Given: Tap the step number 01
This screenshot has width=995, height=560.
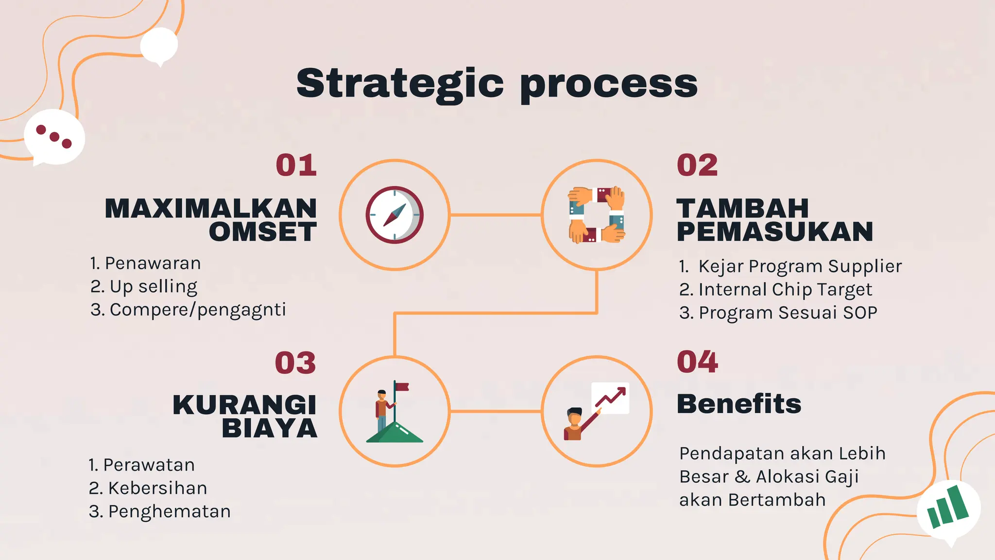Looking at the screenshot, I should click(296, 165).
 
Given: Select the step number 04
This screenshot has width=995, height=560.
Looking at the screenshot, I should click(697, 362).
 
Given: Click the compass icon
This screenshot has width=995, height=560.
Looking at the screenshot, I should click(395, 215).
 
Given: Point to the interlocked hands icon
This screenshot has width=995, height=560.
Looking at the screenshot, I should click(597, 215).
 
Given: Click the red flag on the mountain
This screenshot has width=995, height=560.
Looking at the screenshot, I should click(402, 387).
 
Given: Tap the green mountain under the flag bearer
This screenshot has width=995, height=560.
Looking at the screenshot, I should click(395, 433).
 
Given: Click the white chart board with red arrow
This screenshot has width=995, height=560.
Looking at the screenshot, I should click(610, 398).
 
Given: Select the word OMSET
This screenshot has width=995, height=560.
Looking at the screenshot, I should click(263, 232).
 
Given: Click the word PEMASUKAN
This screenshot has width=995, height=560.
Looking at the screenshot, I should click(775, 232).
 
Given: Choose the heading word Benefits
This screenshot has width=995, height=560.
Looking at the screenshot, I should click(739, 404).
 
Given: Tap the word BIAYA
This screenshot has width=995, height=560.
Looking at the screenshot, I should click(270, 429).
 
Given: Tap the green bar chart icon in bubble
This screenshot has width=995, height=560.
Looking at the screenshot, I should click(947, 507).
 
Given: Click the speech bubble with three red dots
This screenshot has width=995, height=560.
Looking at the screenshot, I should click(54, 137).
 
